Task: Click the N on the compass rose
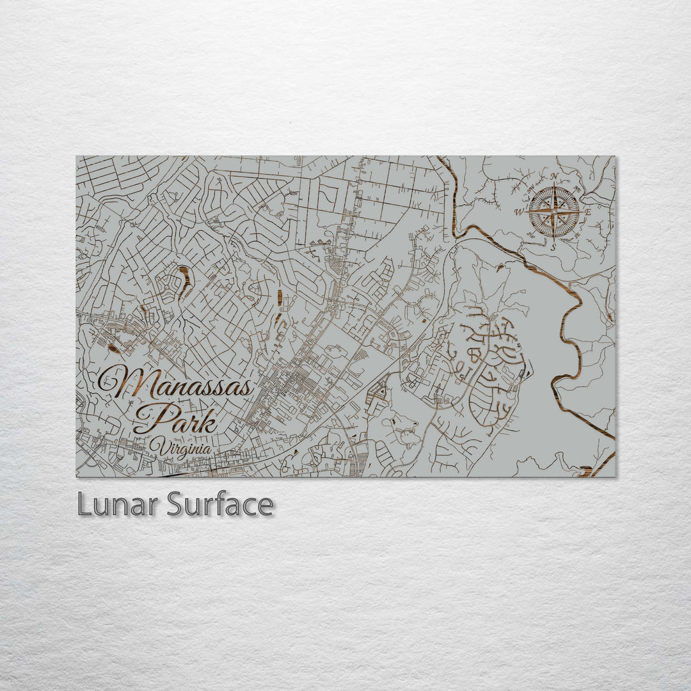pyautogui.click(x=555, y=177)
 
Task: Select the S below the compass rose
pyautogui.click(x=553, y=246)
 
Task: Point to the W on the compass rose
pyautogui.click(x=520, y=212)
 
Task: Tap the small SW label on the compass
pyautogui.click(x=530, y=235)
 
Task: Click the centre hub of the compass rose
pyautogui.click(x=554, y=211)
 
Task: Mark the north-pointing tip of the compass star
pyautogui.click(x=554, y=184)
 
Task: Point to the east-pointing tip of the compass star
pyautogui.click(x=580, y=211)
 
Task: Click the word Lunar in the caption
pyautogui.click(x=119, y=505)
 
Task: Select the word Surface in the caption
pyautogui.click(x=220, y=505)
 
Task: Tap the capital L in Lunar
pyautogui.click(x=84, y=505)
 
